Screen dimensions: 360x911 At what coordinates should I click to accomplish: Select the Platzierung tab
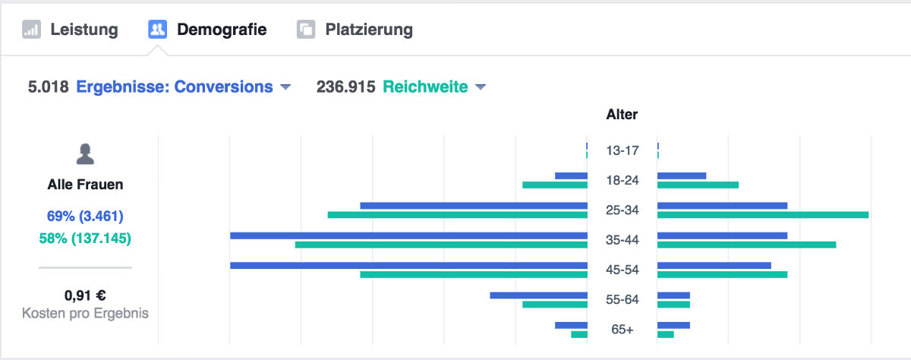[x=355, y=30]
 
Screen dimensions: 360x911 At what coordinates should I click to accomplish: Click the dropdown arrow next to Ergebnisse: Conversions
[x=285, y=87]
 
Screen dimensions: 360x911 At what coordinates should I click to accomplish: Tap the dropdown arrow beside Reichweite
[x=480, y=87]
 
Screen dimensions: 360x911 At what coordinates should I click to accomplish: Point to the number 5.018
[x=49, y=87]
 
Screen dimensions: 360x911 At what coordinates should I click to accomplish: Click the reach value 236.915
[x=345, y=87]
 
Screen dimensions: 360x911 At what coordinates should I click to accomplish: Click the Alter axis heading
[x=622, y=115]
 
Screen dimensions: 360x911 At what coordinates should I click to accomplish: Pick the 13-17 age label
[x=622, y=150]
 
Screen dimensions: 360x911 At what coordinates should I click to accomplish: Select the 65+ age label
[x=622, y=330]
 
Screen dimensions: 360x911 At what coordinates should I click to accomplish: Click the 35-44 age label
[x=622, y=240]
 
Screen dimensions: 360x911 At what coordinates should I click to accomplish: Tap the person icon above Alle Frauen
[x=85, y=155]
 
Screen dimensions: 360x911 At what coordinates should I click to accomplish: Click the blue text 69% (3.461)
[x=85, y=215]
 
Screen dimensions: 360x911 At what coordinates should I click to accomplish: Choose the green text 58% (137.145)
[x=85, y=238]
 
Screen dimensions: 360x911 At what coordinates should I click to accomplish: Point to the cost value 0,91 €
[x=85, y=295]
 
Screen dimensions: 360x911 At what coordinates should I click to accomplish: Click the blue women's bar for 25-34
[x=473, y=206]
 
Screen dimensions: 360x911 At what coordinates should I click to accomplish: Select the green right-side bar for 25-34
[x=762, y=215]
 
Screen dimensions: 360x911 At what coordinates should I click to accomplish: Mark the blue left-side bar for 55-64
[x=538, y=295]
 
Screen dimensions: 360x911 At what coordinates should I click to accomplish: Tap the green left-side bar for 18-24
[x=554, y=185]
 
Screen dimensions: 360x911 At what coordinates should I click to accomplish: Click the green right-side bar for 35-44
[x=746, y=245]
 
